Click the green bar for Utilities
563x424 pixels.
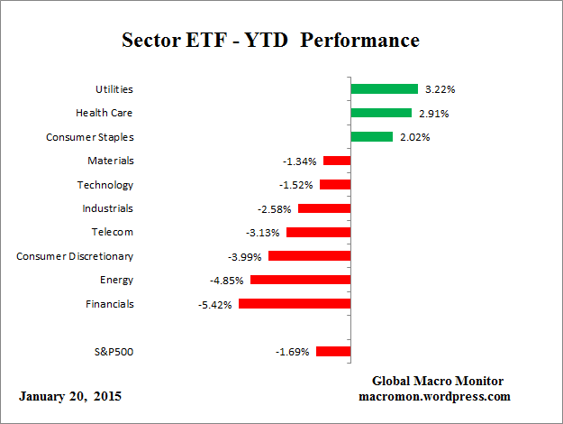coord(384,89)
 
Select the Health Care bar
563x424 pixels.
coord(381,113)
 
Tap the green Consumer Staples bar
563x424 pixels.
coord(371,137)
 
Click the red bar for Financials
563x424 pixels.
coord(294,303)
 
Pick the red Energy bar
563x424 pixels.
coord(300,280)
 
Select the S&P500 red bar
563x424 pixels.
coord(332,351)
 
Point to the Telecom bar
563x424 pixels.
coord(318,232)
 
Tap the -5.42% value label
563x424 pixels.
coord(215,304)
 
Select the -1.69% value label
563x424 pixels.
coord(293,352)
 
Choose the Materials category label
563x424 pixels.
coord(112,161)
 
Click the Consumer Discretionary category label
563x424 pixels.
coord(75,256)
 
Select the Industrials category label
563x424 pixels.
coord(108,208)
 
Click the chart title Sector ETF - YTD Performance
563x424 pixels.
coord(270,41)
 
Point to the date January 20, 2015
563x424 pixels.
coord(69,396)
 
